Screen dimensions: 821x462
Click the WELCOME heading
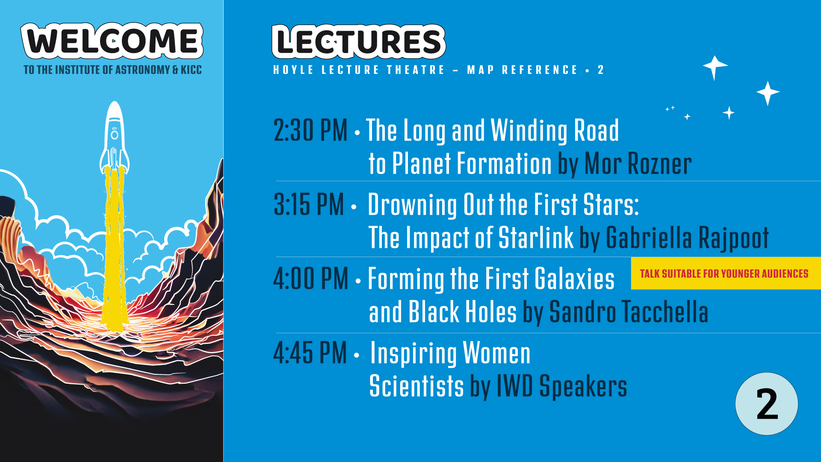112,41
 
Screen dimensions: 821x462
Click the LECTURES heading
359,41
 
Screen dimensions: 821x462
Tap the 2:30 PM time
310,130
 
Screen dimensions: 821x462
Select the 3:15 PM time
309,204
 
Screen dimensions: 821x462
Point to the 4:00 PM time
311,278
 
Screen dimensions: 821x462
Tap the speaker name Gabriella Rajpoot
687,238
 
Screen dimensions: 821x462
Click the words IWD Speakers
562,386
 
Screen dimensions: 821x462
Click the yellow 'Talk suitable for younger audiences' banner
726,273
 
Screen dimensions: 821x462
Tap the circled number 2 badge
767,404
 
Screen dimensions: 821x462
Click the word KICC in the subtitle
191,70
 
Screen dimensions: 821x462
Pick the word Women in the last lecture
496,353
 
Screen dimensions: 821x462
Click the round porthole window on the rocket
115,135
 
